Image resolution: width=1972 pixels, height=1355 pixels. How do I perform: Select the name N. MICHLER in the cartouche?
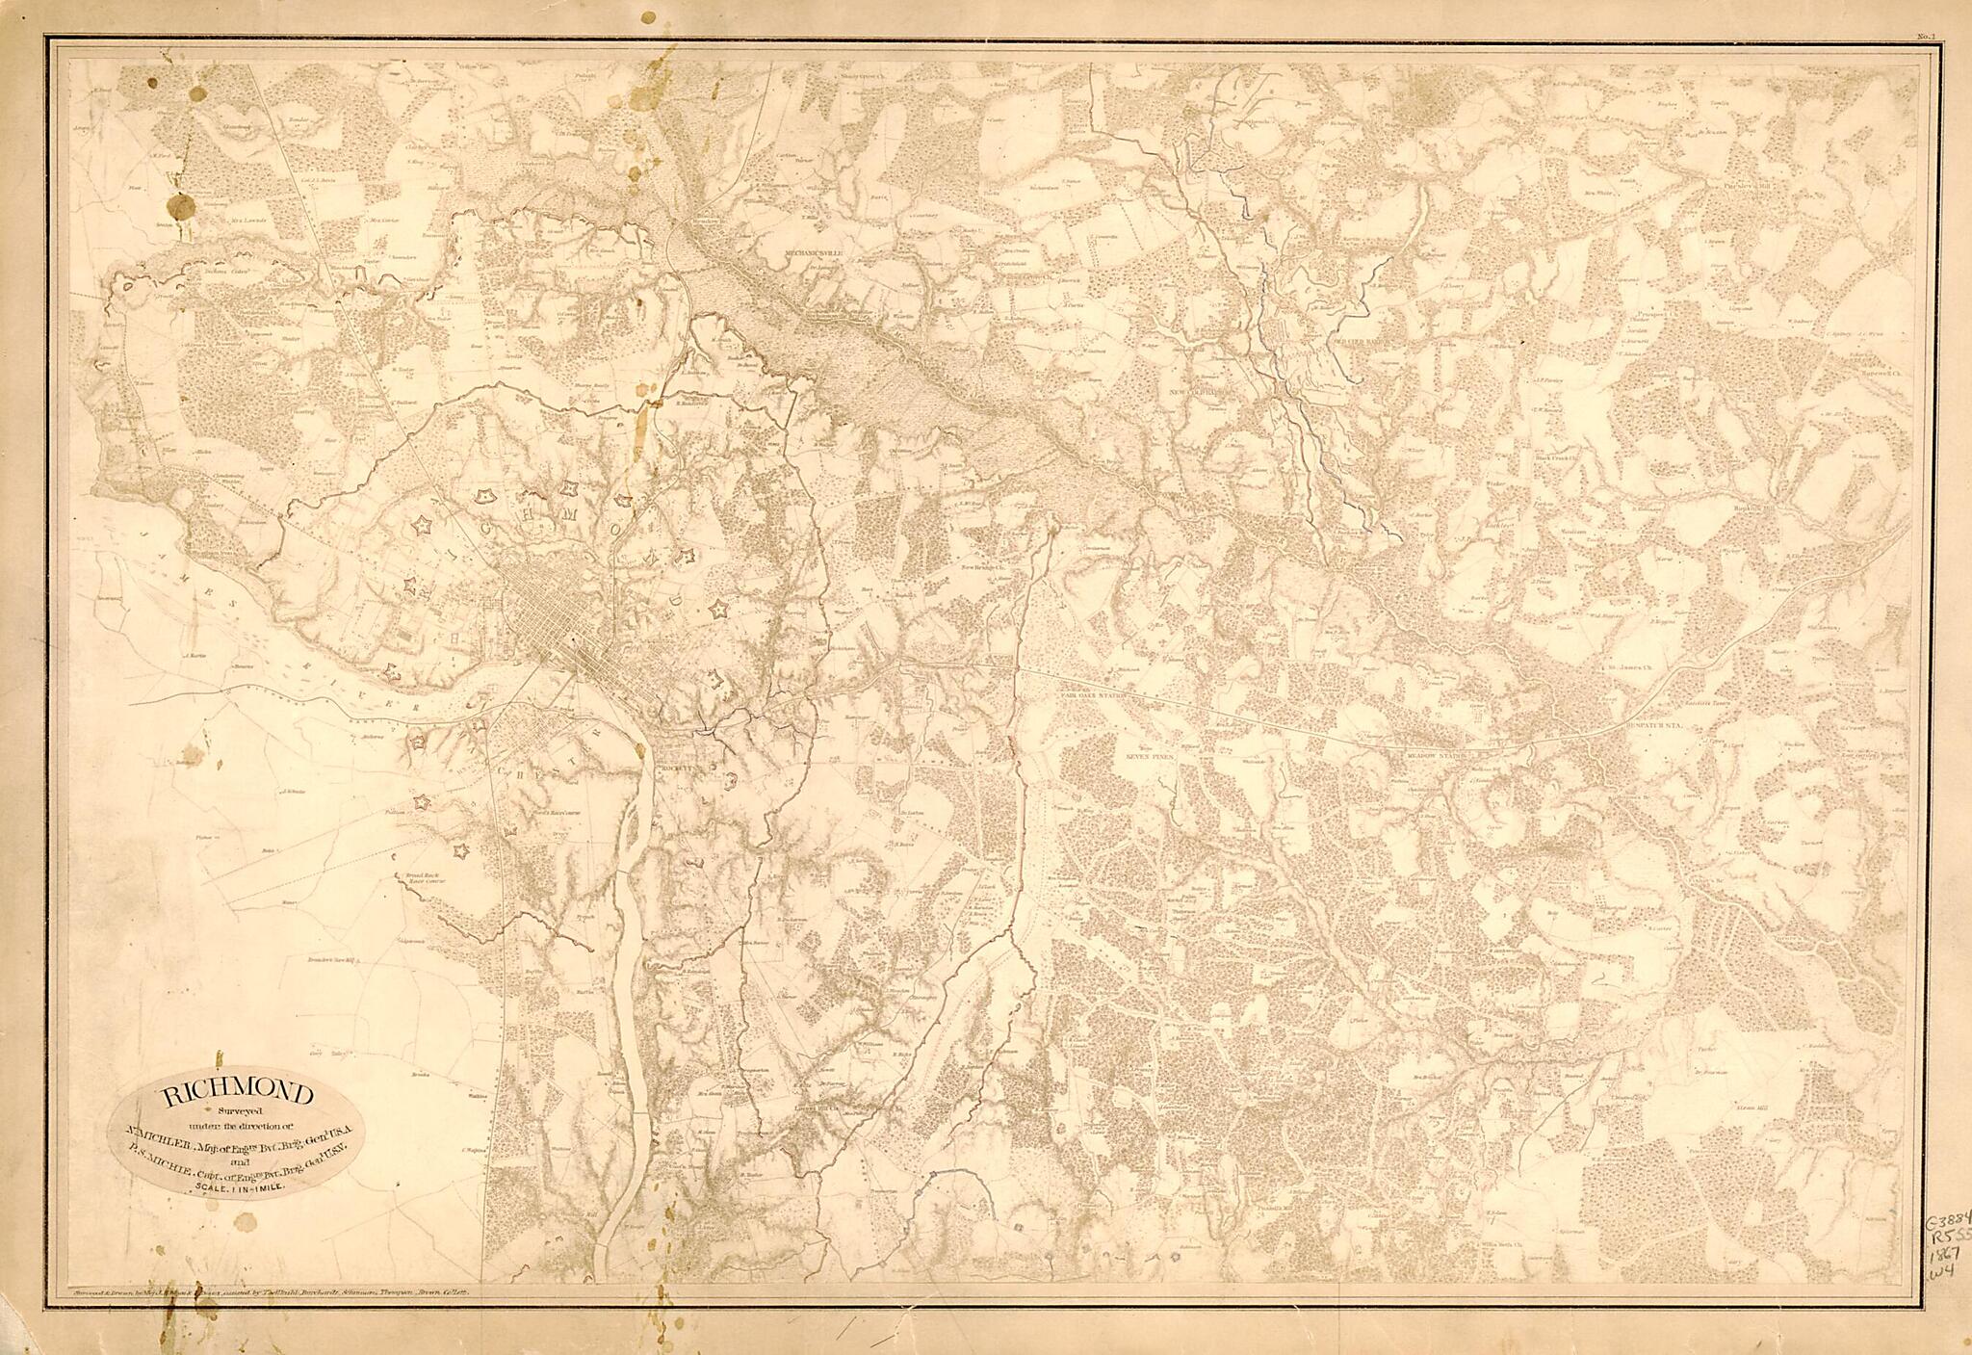click(x=154, y=1137)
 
